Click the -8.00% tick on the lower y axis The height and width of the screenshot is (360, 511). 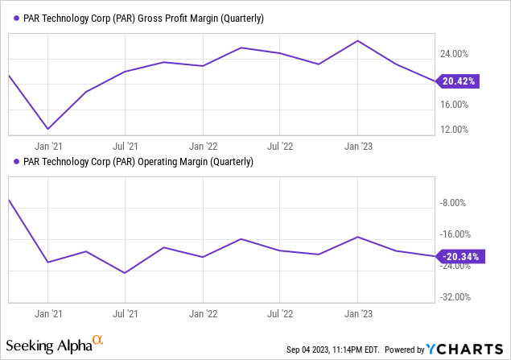pos(455,203)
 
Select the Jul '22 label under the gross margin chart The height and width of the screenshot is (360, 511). pos(279,146)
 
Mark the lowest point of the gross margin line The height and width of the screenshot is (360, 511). pos(48,128)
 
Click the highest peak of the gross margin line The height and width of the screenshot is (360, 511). pos(357,40)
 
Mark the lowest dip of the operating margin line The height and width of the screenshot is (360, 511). pos(125,273)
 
